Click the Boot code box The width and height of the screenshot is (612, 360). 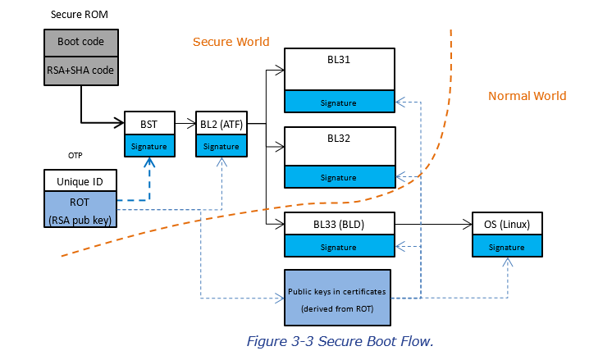click(80, 42)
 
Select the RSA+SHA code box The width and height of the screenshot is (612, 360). click(80, 71)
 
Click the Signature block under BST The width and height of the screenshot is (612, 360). click(150, 146)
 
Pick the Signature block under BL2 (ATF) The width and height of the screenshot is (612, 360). click(221, 146)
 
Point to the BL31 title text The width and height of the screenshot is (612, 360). click(340, 59)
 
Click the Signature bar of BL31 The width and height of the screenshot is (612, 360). click(340, 102)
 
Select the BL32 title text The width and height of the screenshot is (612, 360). click(340, 138)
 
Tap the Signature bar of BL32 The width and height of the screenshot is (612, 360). click(340, 176)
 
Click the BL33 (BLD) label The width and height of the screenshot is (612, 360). click(340, 223)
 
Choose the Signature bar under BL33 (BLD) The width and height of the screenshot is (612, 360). click(340, 246)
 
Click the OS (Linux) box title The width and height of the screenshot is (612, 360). click(507, 223)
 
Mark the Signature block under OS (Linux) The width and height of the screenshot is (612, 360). click(507, 246)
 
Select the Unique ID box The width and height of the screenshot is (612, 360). click(80, 180)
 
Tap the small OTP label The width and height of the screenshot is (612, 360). click(75, 155)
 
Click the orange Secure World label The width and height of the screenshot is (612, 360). click(231, 42)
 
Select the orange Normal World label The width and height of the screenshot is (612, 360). click(527, 96)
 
